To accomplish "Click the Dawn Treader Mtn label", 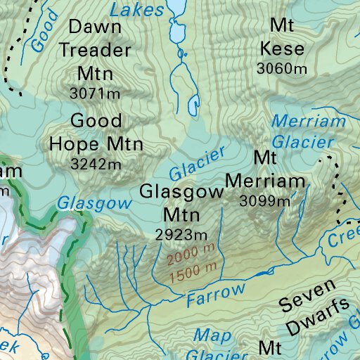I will pyautogui.click(x=95, y=50).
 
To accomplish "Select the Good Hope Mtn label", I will pyautogui.click(x=96, y=131).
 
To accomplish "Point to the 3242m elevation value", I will pyautogui.click(x=96, y=164).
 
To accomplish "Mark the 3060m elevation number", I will pyautogui.click(x=283, y=69).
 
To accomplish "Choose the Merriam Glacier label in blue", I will pyautogui.click(x=302, y=131).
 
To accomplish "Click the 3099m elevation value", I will pyautogui.click(x=264, y=200).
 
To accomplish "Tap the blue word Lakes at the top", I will pyautogui.click(x=138, y=8).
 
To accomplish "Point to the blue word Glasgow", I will pyautogui.click(x=94, y=203).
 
